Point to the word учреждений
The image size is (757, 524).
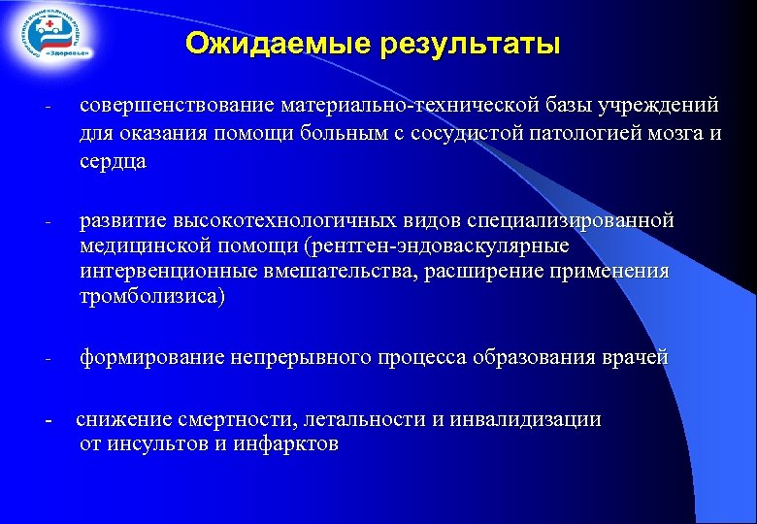(665, 105)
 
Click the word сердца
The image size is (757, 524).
(113, 161)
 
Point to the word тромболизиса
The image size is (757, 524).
(149, 297)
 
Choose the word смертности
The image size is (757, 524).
(237, 419)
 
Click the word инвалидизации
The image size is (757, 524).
(525, 419)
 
